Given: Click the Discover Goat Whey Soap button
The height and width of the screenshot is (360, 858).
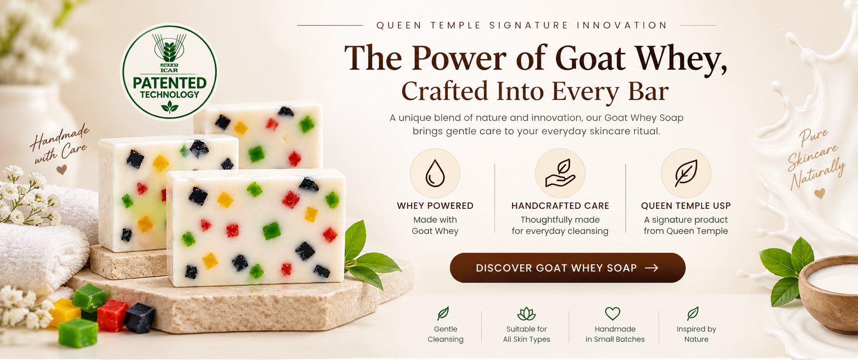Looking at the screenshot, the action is click(568, 268).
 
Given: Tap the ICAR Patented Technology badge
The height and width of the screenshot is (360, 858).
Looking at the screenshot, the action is click(169, 72).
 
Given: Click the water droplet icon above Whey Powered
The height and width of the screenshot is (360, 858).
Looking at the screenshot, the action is click(435, 173).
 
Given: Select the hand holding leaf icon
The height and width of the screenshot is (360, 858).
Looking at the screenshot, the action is click(560, 173).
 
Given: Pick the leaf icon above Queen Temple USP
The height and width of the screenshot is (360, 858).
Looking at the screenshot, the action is click(686, 173).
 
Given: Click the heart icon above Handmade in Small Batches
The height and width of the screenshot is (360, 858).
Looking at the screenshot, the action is click(612, 313).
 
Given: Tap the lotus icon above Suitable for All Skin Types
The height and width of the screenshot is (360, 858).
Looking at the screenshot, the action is click(526, 313).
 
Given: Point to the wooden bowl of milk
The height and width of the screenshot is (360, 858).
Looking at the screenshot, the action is click(829, 293).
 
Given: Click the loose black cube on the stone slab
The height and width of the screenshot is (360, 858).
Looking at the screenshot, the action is click(139, 317).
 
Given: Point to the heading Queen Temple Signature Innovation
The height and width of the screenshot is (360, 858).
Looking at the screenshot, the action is click(521, 25).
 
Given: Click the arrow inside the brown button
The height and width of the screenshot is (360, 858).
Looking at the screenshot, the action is click(651, 268).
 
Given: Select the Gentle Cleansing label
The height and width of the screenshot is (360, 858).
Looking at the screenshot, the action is click(445, 334).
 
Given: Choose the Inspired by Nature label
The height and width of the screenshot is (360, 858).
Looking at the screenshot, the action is click(696, 334).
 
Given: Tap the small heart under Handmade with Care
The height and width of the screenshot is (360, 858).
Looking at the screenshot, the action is click(62, 169).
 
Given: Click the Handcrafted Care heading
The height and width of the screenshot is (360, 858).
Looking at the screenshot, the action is click(560, 206).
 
